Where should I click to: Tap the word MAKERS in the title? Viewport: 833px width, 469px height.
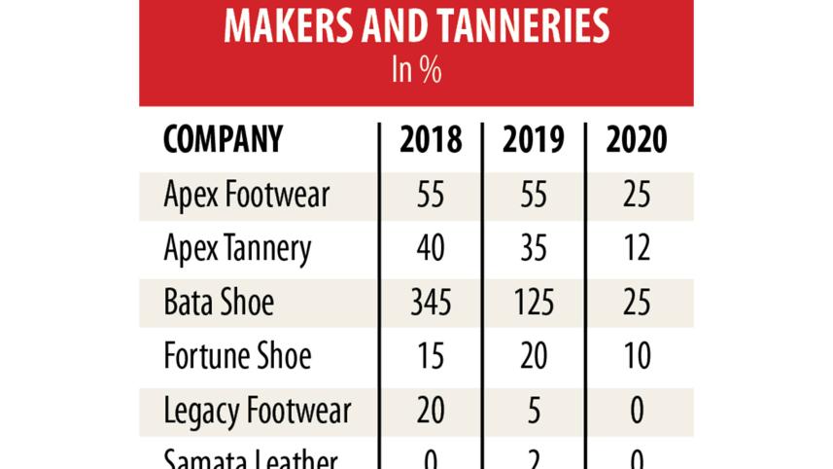point(280,26)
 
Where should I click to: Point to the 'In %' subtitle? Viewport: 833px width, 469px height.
point(416,72)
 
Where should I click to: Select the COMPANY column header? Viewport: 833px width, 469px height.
point(223,140)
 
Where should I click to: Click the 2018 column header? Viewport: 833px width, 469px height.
point(431,140)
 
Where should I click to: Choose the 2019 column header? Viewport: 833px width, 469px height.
point(533,140)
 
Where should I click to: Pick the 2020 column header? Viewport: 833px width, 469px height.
point(637,140)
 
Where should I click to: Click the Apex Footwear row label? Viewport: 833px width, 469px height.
point(247,196)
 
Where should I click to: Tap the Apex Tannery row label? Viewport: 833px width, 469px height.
point(238,249)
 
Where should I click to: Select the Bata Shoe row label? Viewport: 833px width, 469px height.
point(219,303)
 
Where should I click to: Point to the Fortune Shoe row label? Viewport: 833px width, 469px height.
point(237,356)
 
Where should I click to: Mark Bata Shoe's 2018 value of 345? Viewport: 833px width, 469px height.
point(431,303)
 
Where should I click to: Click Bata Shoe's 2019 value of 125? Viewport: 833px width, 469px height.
point(533,303)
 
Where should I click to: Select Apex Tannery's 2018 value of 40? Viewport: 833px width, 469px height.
point(431,249)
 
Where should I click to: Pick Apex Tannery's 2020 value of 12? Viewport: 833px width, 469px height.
point(637,249)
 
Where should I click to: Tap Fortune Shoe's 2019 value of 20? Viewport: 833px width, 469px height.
point(533,356)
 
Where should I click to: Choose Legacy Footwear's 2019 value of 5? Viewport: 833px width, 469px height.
point(533,410)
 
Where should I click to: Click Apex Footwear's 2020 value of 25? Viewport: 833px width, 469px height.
point(637,196)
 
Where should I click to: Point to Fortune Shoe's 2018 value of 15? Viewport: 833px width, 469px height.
point(431,356)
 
